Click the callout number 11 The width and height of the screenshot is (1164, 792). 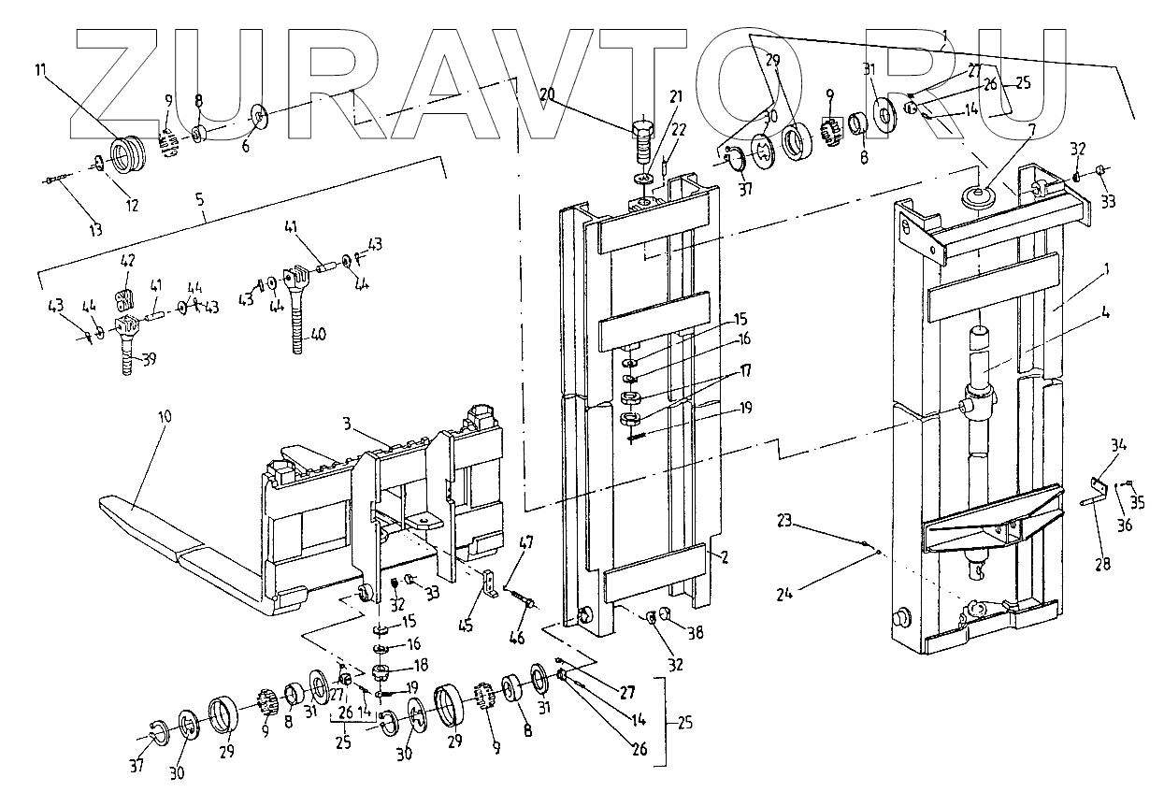41,69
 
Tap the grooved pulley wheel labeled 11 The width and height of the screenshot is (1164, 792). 128,155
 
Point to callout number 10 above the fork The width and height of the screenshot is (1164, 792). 165,417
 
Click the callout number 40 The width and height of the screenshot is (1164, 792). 317,334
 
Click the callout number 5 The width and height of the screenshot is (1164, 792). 200,200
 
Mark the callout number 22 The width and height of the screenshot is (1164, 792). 678,129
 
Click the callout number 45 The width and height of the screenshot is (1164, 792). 466,626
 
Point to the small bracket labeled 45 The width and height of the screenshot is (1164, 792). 488,583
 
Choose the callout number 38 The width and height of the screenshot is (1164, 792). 696,632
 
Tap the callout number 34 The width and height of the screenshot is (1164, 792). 1118,445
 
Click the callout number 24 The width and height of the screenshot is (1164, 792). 784,593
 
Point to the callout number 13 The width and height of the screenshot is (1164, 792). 96,229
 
